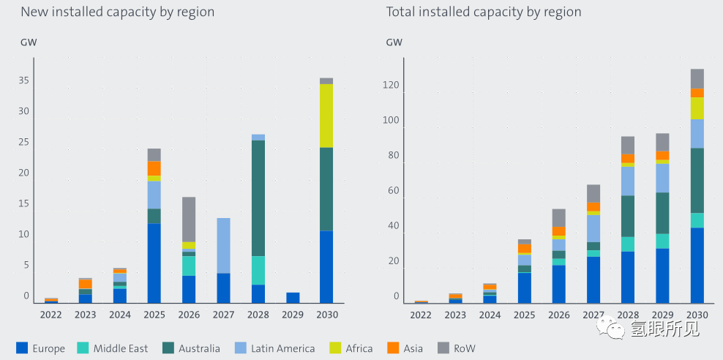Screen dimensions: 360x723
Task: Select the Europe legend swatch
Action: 22,348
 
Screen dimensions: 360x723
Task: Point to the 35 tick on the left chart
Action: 24,80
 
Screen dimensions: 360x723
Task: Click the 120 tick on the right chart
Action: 390,86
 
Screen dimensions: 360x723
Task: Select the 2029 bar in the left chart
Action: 293,298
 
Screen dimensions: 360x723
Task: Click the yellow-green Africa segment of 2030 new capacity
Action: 326,116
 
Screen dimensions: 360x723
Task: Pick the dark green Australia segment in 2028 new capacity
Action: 258,198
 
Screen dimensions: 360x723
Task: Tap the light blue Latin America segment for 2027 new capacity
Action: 223,245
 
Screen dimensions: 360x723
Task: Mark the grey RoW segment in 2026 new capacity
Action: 189,219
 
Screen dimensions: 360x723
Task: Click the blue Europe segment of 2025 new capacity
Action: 154,263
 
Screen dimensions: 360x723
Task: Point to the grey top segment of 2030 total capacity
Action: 697,78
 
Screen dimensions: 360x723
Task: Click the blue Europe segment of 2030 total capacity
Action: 697,265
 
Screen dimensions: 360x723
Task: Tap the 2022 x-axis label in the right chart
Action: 421,315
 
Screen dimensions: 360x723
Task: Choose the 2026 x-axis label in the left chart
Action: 188,315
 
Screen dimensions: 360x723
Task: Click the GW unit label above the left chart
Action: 29,42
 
